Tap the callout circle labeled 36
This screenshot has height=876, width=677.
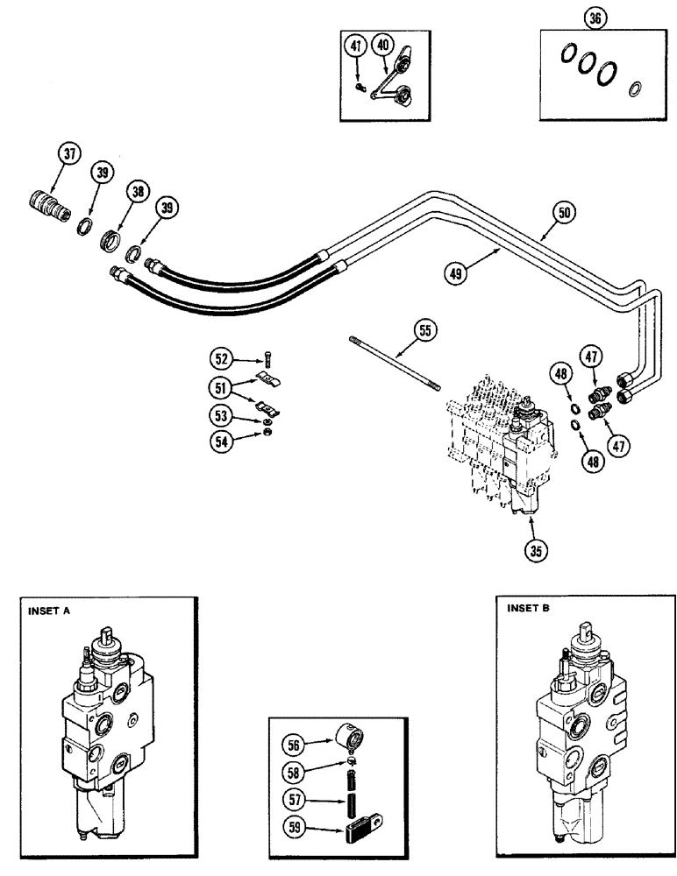[x=596, y=19]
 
